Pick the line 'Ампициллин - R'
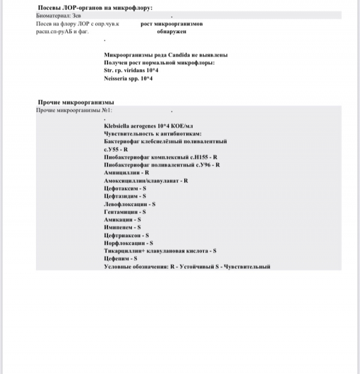127,172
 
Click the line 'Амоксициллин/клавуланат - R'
146,180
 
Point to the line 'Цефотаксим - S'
125,188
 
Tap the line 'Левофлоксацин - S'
130,204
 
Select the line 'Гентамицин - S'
125,212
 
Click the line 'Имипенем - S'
123,228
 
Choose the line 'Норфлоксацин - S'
128,243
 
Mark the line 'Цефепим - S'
121,259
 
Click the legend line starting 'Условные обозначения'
187,267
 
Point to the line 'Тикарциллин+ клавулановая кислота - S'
160,251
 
